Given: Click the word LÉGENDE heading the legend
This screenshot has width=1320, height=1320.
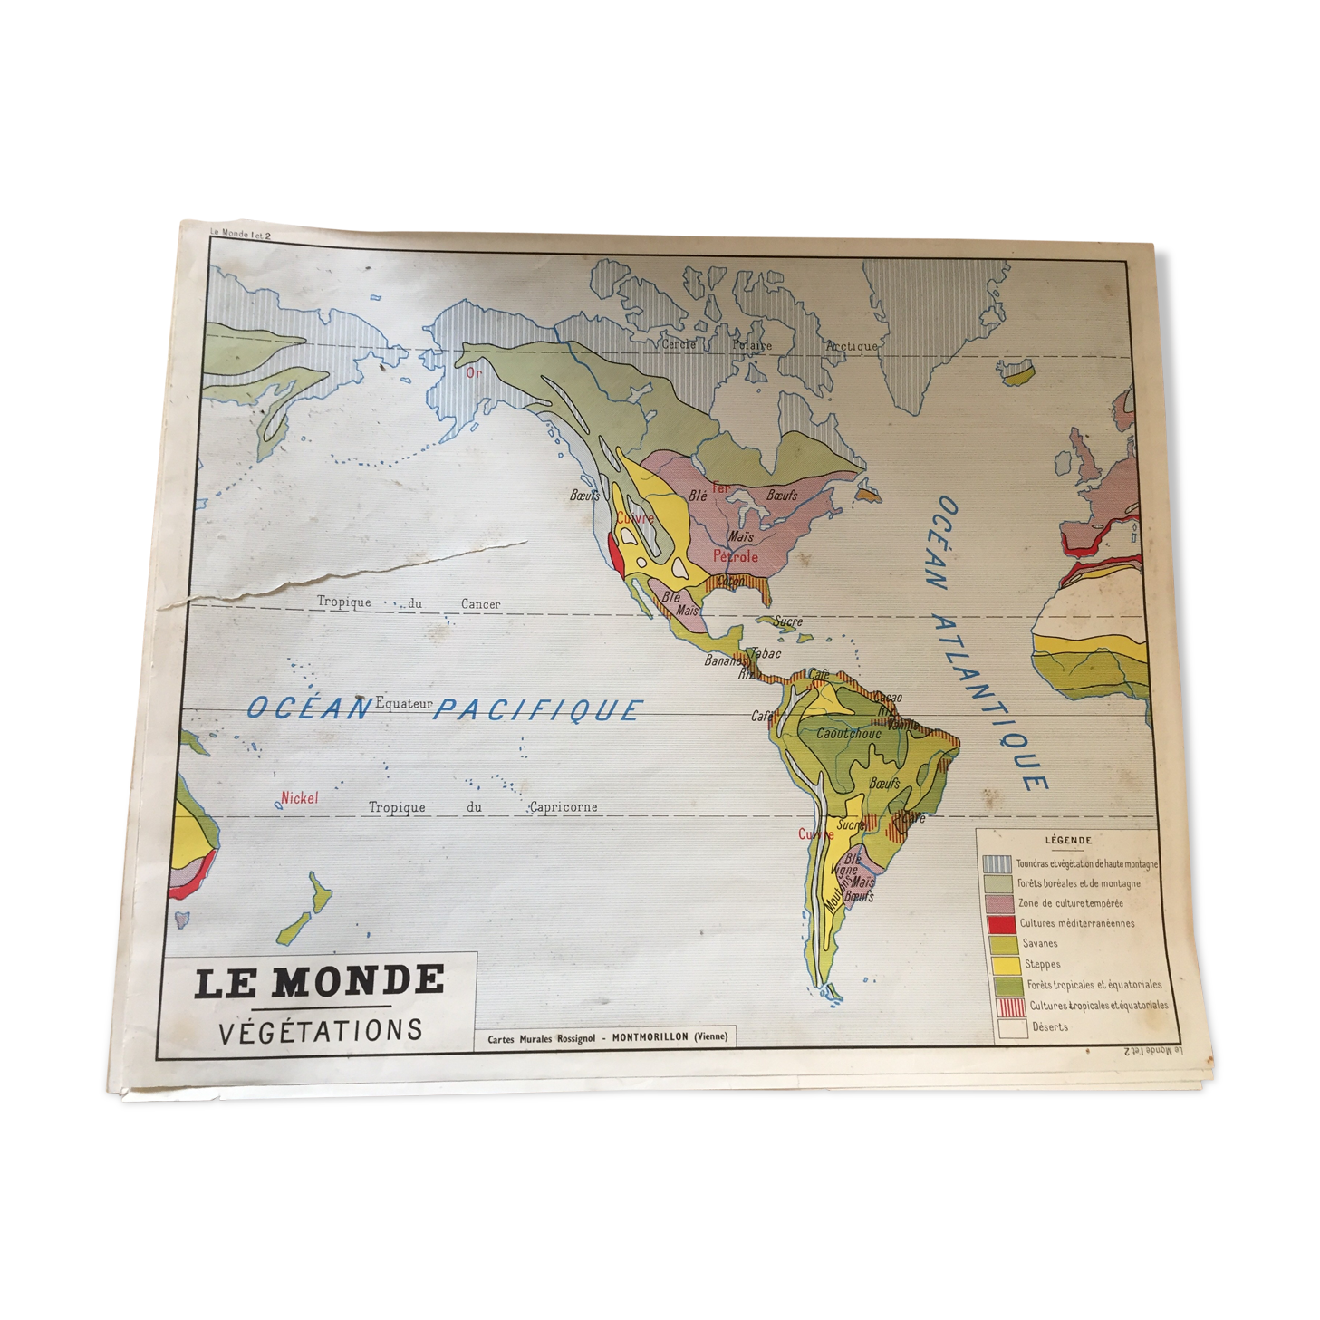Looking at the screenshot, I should [1068, 841].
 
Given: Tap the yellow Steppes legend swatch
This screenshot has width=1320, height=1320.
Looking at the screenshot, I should [1007, 964].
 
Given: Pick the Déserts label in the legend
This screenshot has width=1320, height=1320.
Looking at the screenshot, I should [1050, 1026].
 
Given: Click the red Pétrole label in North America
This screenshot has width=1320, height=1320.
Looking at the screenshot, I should [735, 556].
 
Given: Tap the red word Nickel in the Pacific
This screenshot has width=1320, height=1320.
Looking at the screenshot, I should [300, 798].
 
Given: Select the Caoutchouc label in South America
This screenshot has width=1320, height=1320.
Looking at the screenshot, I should [848, 733].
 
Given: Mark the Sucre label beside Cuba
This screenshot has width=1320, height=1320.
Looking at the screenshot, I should [788, 621].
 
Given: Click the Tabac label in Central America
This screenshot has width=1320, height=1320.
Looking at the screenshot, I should [766, 653].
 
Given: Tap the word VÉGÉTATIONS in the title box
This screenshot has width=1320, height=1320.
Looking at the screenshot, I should [321, 1031].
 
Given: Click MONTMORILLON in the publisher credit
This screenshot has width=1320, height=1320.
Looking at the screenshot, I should [650, 1037].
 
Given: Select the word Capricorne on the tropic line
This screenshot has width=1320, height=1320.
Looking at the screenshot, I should [564, 806].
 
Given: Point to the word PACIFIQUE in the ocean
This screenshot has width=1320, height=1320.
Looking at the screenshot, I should [538, 709].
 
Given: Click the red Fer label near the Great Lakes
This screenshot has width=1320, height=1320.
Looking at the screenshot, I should [720, 488].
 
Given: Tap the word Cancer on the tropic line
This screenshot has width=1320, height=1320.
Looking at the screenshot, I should [480, 604].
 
